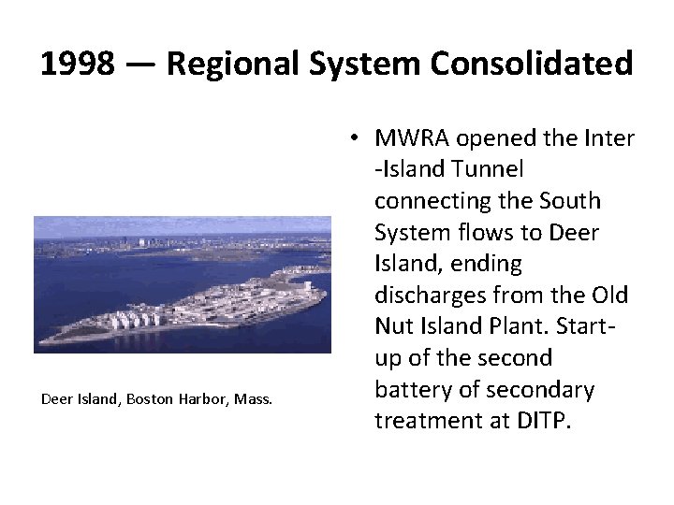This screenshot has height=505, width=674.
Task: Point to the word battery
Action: click(411, 389)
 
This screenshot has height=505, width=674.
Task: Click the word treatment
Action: click(427, 421)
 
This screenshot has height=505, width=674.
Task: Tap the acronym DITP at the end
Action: click(541, 421)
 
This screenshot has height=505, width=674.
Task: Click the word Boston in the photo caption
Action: click(151, 400)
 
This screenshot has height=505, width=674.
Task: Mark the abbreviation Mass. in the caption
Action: click(253, 400)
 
